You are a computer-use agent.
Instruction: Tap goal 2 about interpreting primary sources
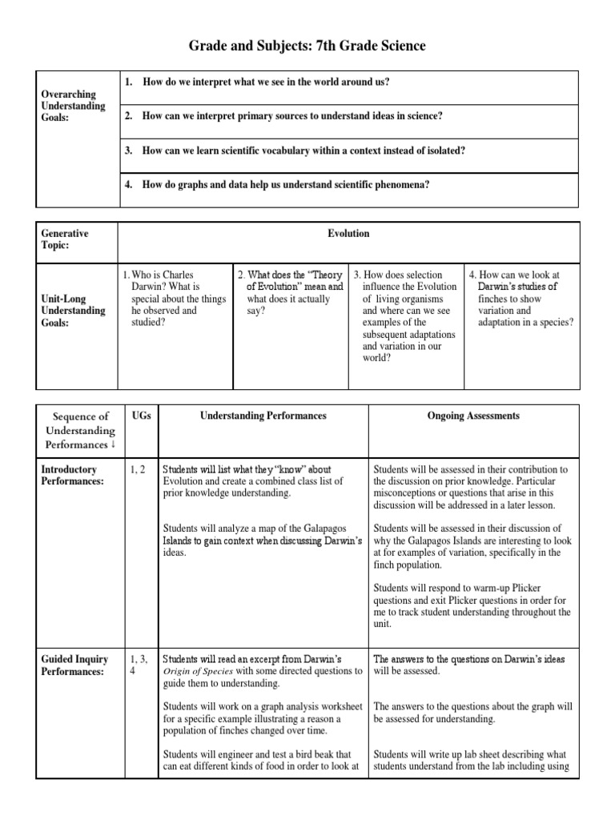point(292,116)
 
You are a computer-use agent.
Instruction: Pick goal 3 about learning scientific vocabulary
point(304,151)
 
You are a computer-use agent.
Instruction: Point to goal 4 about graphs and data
point(286,185)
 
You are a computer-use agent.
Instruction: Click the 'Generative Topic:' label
point(65,239)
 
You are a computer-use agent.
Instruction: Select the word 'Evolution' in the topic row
point(348,234)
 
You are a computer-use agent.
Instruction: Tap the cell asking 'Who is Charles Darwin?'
point(174,299)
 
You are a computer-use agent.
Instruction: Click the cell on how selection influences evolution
point(405,316)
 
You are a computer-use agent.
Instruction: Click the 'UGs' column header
point(139,416)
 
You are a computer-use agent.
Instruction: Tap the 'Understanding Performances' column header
point(263,416)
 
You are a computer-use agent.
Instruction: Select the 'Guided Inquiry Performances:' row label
point(73,665)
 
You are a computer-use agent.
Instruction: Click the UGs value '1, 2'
point(138,469)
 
